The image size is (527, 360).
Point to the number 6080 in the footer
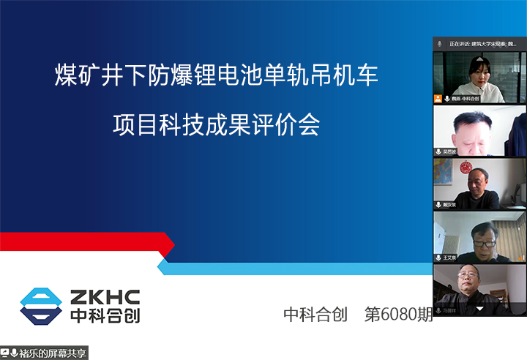click(395, 315)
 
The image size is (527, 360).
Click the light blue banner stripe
click(293, 268)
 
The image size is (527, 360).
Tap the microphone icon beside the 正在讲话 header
click(439, 44)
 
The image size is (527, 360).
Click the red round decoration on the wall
click(465, 168)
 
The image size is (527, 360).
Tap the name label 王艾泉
click(447, 258)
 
